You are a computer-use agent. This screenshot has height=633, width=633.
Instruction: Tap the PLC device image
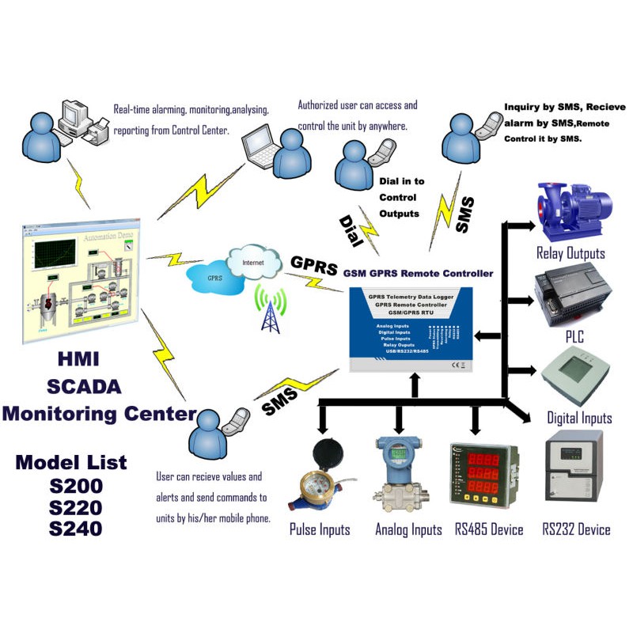coord(571,295)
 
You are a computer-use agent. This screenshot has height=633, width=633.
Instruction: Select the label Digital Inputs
coord(579,418)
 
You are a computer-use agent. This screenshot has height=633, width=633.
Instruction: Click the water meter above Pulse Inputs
coord(320,475)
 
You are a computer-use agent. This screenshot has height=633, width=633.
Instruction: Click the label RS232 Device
coord(576,529)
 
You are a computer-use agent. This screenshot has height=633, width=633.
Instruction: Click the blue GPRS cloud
coord(214,278)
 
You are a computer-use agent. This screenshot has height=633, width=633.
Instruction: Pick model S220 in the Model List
coord(75,507)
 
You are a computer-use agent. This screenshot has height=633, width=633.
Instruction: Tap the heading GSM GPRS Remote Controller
coord(418,274)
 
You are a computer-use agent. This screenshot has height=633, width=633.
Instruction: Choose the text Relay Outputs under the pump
coord(570,253)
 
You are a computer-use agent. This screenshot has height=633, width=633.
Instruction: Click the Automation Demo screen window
coord(79,282)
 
